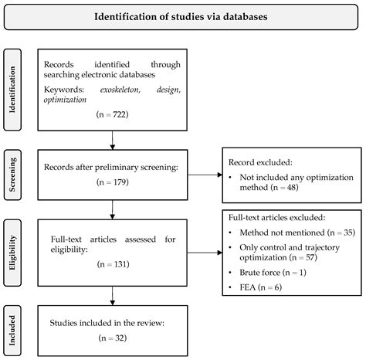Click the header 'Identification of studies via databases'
click(x=182, y=15)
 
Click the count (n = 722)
click(x=114, y=113)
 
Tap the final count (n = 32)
click(x=114, y=338)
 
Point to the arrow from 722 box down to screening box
click(x=114, y=138)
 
